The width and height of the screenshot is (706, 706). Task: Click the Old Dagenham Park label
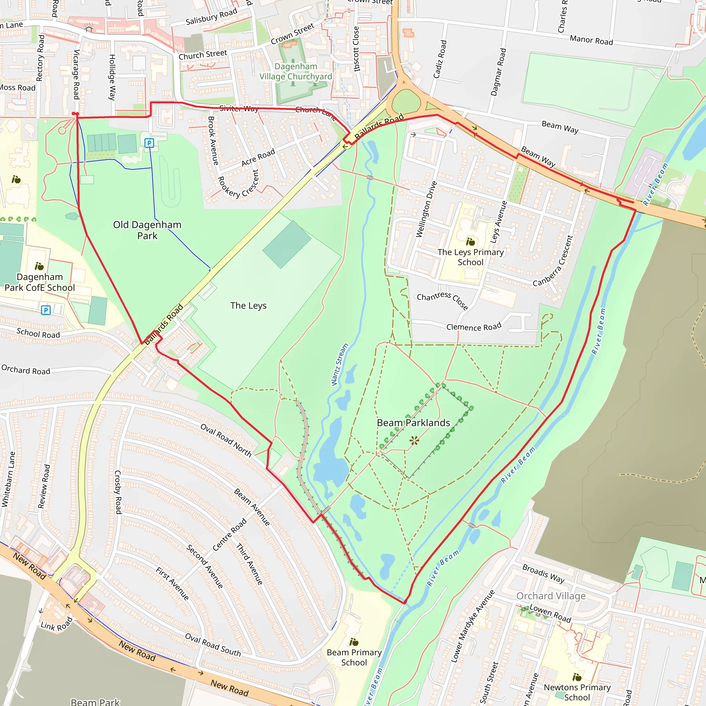tap(147, 230)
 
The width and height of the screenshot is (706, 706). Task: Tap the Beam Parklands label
tap(413, 423)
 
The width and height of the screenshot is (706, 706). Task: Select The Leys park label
tap(248, 305)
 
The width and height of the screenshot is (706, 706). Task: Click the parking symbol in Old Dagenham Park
tap(149, 143)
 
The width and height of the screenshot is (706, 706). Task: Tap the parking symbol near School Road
tap(46, 310)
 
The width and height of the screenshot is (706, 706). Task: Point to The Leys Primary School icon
tap(470, 242)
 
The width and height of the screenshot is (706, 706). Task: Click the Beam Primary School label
tap(354, 657)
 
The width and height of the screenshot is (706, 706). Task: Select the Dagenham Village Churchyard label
tap(296, 72)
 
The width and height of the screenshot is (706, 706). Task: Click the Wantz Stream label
tap(340, 365)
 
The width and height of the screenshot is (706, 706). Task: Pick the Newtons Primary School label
tap(577, 692)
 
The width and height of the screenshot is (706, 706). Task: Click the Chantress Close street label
tap(442, 299)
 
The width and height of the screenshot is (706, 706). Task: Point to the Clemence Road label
tap(474, 326)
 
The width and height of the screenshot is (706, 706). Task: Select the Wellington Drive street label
tap(426, 209)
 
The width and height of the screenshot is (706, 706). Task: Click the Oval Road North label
tap(226, 440)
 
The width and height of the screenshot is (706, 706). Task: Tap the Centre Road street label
tap(230, 534)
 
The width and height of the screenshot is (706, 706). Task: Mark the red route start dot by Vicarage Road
tap(75, 114)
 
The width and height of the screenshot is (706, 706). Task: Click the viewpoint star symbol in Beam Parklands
tap(414, 440)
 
